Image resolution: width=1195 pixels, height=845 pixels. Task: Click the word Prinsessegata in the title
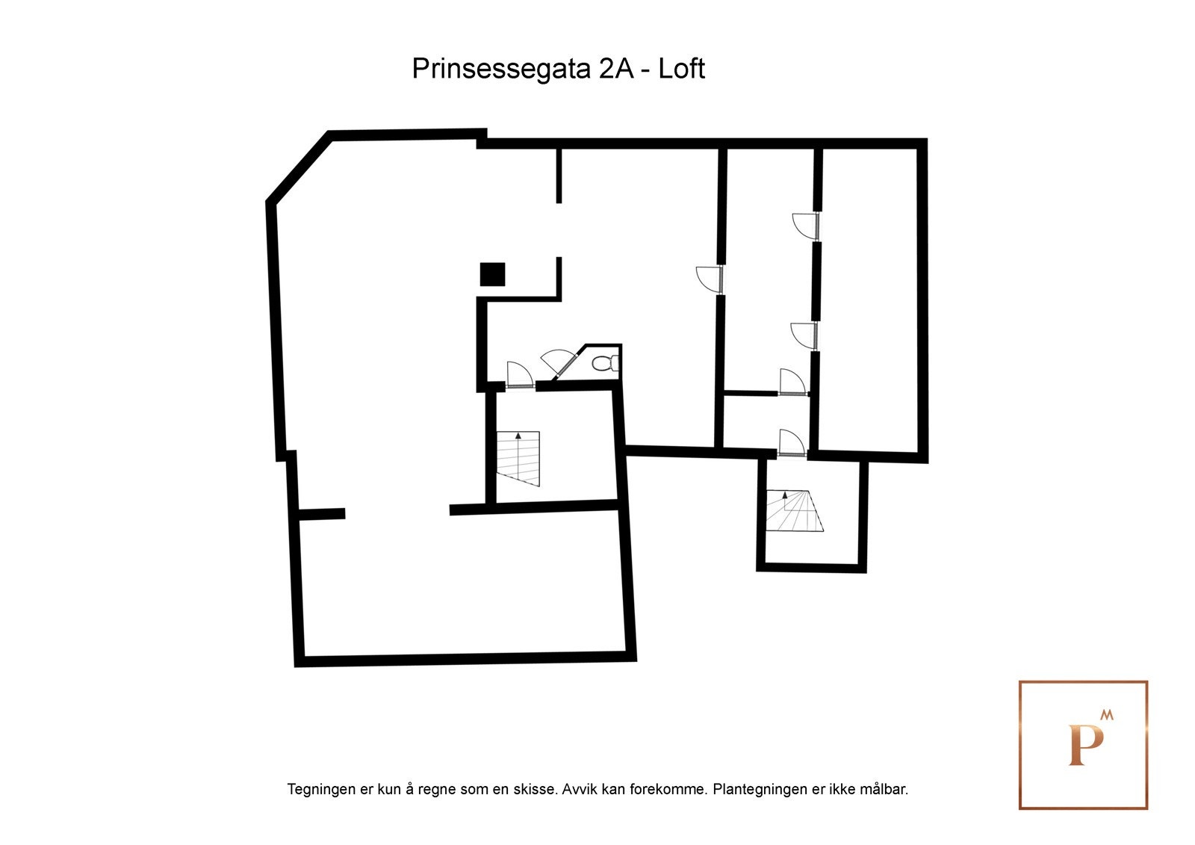[x=502, y=69]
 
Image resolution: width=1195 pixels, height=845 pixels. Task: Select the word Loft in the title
[x=681, y=69]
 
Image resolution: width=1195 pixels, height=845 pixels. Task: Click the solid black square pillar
[x=492, y=274]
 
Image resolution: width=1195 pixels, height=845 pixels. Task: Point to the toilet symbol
[x=603, y=364]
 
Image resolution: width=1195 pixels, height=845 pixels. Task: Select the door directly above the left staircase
[x=519, y=375]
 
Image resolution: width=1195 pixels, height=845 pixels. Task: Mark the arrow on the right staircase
[x=785, y=495]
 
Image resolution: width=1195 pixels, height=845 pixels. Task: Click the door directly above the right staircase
[x=791, y=442]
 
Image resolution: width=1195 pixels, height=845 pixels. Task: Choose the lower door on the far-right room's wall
[x=804, y=335]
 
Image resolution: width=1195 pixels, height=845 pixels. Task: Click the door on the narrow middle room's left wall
[x=710, y=279]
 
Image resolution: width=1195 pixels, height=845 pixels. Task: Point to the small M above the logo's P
[x=1107, y=715]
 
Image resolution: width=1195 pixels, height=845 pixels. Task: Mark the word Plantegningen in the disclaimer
[x=759, y=789]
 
